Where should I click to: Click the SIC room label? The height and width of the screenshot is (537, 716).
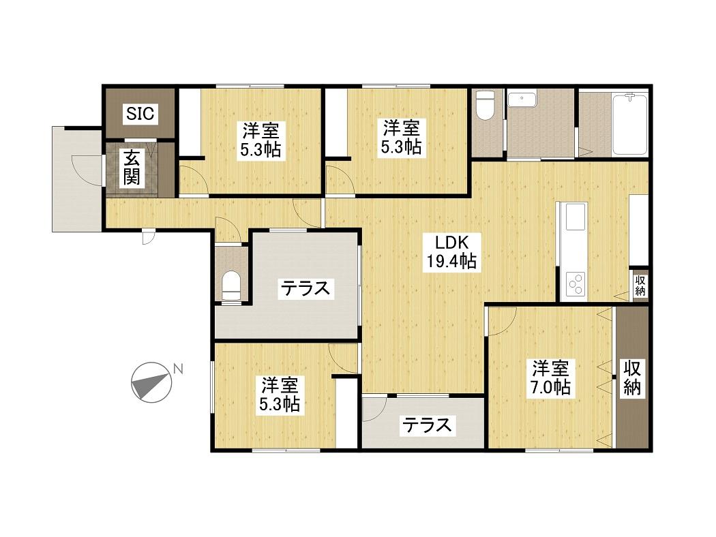140,113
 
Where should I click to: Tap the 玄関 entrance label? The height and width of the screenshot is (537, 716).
132,168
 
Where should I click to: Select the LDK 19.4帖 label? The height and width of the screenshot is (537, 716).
451,252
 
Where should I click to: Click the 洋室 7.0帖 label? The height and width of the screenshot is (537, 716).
550,378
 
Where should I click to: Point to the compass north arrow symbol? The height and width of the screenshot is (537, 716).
151,382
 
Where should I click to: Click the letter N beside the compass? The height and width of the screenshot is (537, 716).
178,369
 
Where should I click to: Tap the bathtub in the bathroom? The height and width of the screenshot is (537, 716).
630,124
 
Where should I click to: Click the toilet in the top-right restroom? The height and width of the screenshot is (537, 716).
485,106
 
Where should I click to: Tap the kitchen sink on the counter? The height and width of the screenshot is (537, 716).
576,217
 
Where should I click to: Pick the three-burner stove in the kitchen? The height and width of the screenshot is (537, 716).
576,283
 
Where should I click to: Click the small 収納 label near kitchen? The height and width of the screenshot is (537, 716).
640,286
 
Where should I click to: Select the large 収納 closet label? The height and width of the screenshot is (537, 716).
632,378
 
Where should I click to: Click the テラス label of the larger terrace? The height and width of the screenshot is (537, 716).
305,288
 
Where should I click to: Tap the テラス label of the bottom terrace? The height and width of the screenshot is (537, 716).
426,425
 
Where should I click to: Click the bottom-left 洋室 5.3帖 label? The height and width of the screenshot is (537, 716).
279,395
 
